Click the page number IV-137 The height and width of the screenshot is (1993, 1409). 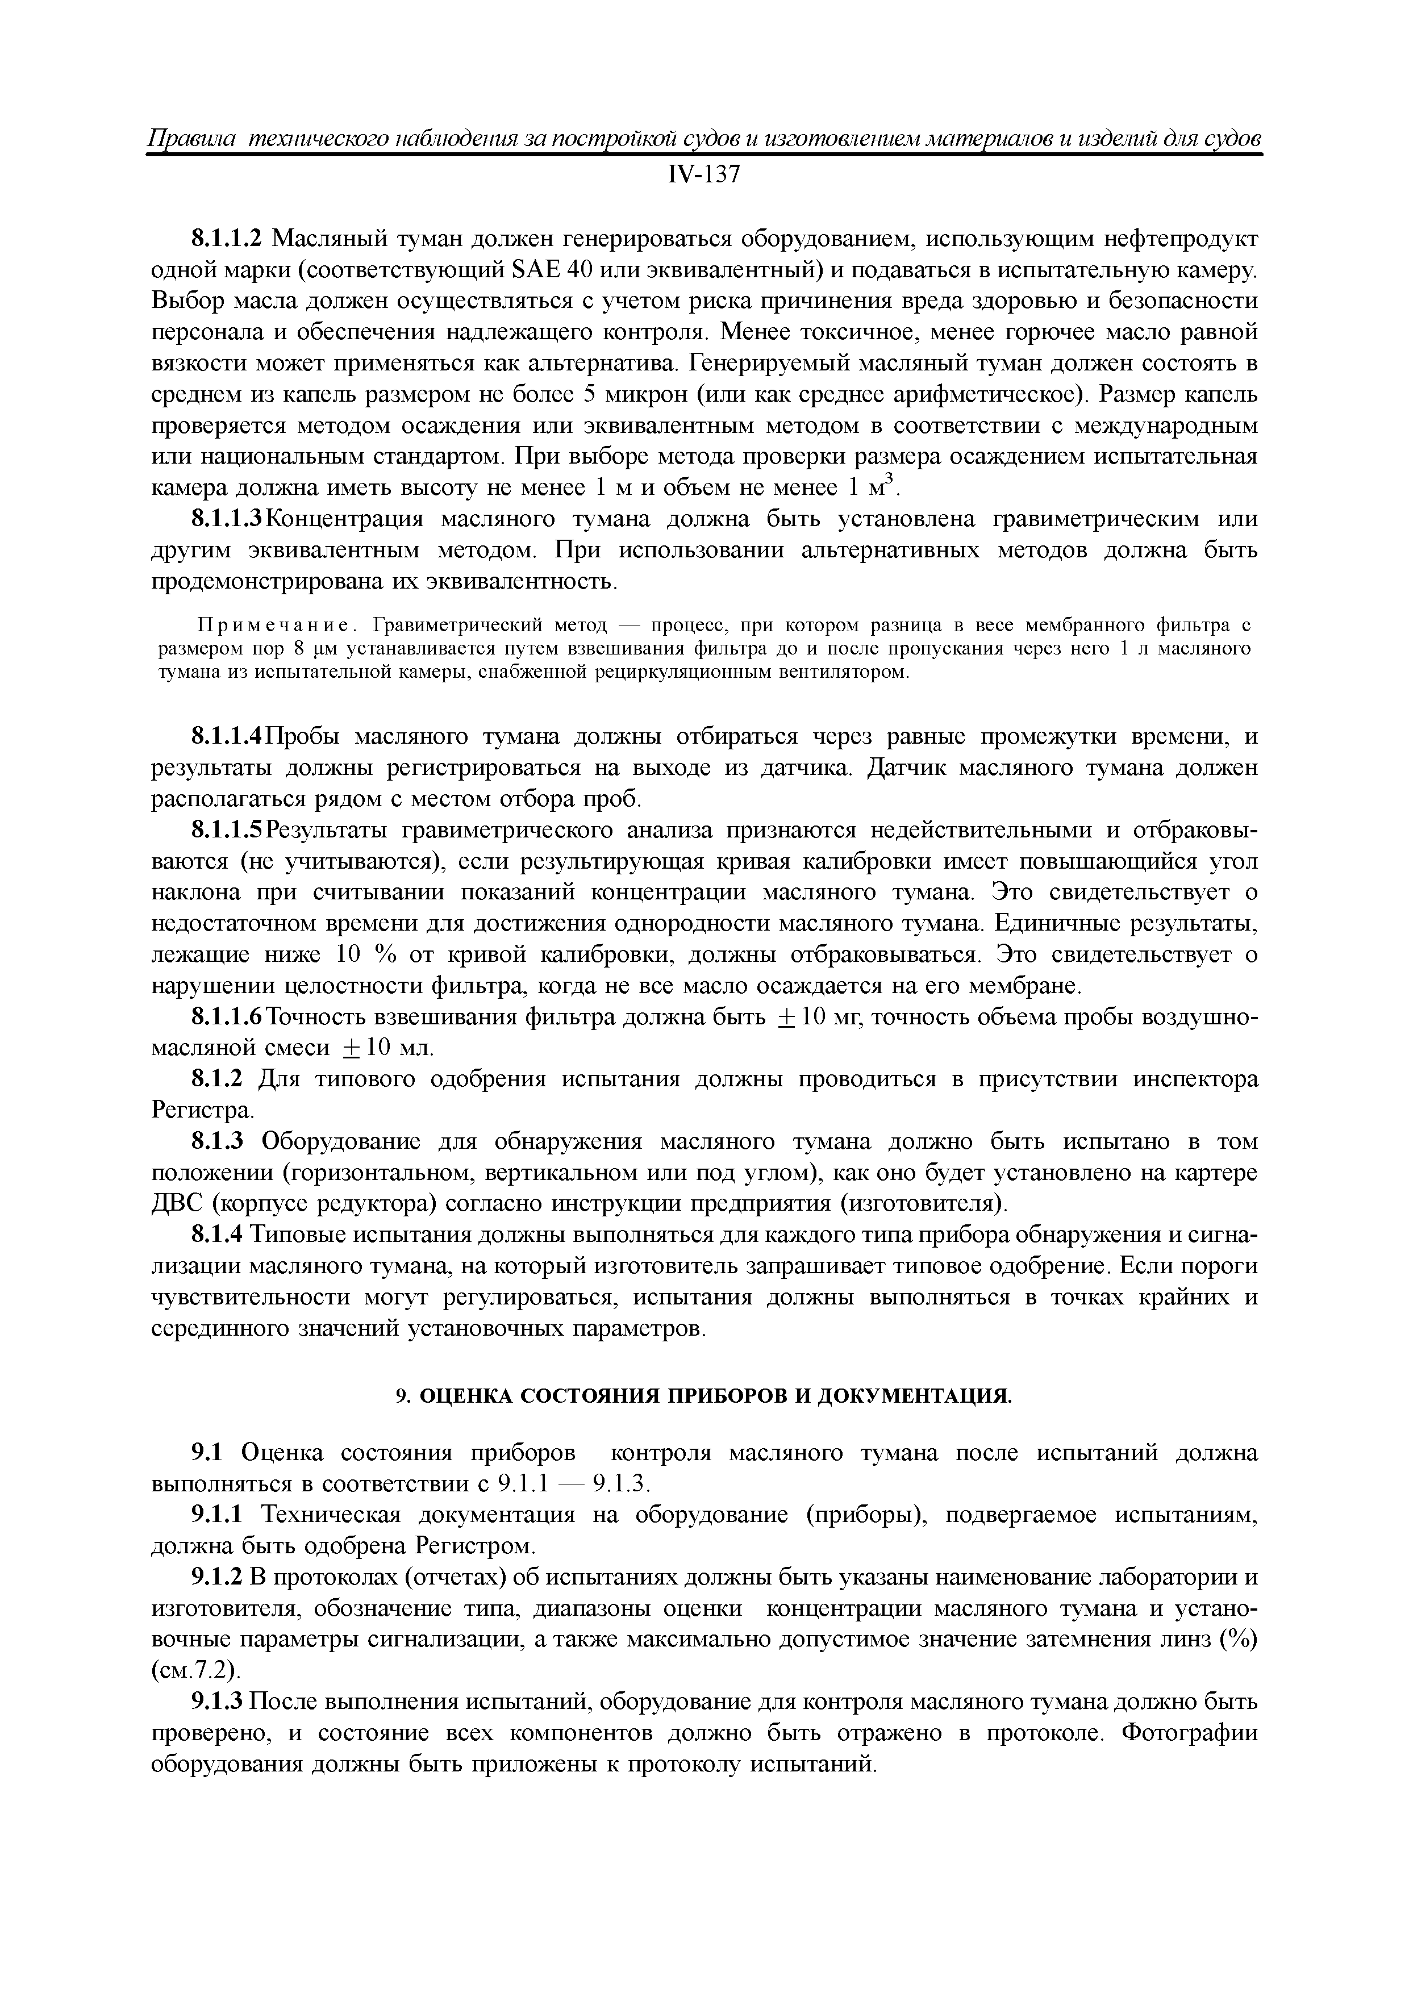(703, 176)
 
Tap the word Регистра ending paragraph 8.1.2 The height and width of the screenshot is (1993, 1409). (202, 1110)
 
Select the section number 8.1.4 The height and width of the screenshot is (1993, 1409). (219, 1235)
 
